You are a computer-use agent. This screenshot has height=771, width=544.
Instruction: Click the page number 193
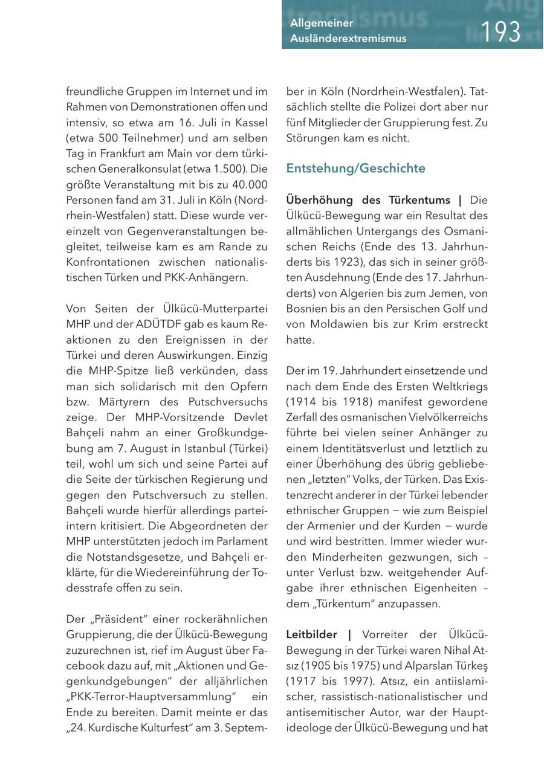(x=500, y=31)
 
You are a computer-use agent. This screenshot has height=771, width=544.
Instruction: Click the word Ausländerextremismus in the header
(x=348, y=39)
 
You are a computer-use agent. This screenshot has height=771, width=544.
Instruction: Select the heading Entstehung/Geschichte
(x=356, y=169)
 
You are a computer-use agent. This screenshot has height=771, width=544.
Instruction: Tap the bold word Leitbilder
(x=312, y=634)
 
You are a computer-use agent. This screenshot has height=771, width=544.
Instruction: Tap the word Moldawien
(x=338, y=324)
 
